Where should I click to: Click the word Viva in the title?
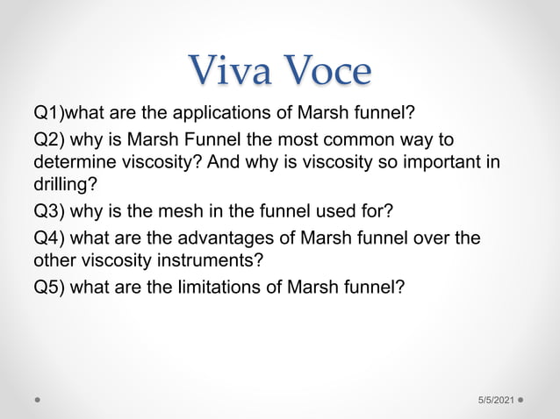232,70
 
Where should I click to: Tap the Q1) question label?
50,113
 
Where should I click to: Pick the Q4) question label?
50,239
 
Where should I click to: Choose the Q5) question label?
50,288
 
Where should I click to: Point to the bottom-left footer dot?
39,400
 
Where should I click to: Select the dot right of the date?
521,400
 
